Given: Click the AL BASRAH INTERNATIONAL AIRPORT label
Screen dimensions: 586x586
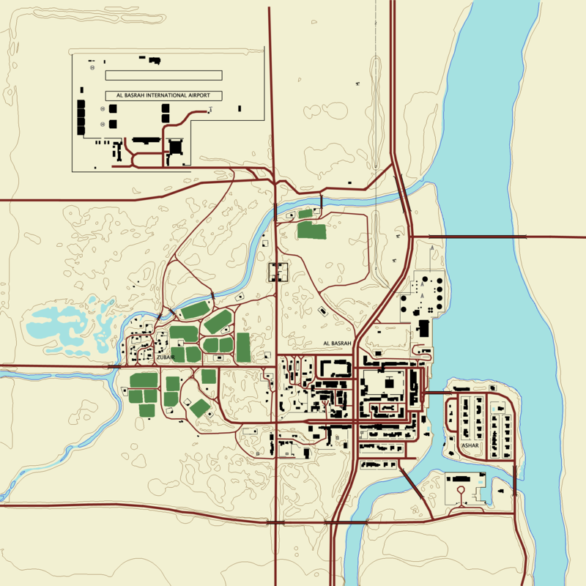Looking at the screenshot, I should pos(163,95).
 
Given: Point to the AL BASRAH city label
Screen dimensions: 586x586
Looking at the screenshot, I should pos(338,343).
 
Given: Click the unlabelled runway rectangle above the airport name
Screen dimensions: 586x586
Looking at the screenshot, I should pos(163,75).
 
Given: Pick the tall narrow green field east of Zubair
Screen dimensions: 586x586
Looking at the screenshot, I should pos(243,347).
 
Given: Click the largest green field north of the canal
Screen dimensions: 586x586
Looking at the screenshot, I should pos(312,231).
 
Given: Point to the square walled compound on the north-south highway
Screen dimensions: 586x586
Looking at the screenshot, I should pos(278,272).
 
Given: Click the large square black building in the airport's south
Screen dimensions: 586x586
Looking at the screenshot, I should pos(175,146).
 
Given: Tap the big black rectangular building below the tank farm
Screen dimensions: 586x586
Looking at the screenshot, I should pos(423,328).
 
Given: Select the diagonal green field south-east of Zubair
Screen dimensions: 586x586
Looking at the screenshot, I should pos(200,408).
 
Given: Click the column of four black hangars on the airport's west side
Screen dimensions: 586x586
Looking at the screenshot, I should pos(81,117).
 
